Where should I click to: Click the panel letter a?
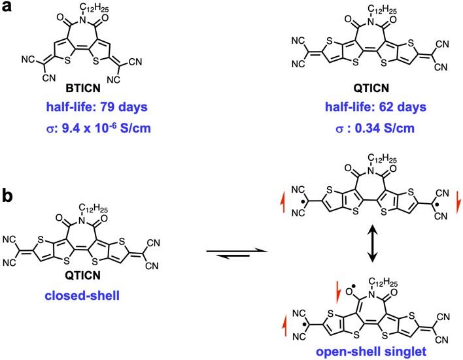pos(7,6)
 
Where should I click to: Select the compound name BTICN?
pos(83,88)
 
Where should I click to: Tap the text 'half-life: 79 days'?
pos(97,106)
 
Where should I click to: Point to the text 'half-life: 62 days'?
pos(375,106)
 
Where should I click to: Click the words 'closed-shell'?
pos(82,295)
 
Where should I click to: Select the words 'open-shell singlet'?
pos(371,352)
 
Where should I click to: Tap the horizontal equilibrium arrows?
pos(237,254)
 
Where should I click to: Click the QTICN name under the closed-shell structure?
pos(82,276)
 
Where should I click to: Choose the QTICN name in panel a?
pos(371,88)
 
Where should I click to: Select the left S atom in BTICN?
pos(67,61)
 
